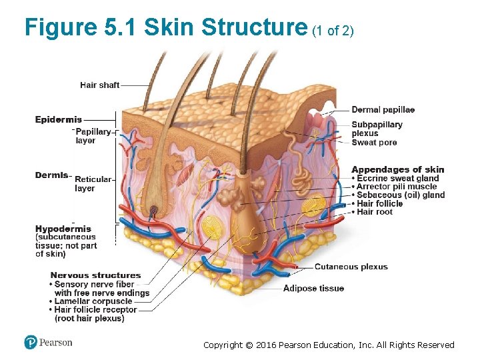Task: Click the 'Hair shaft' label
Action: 99,85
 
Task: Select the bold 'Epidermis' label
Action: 59,120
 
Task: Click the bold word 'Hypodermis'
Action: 63,229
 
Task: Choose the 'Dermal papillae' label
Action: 383,110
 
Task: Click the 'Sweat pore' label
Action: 374,143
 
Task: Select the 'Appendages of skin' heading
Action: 397,169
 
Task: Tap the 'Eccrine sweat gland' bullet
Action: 397,179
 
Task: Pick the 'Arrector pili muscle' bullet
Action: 397,187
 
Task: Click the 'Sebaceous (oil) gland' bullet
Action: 400,195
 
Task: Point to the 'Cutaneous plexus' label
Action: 351,267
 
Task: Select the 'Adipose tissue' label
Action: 313,289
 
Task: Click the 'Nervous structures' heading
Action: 95,275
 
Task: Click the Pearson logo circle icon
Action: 31,343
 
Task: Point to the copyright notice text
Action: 329,345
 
